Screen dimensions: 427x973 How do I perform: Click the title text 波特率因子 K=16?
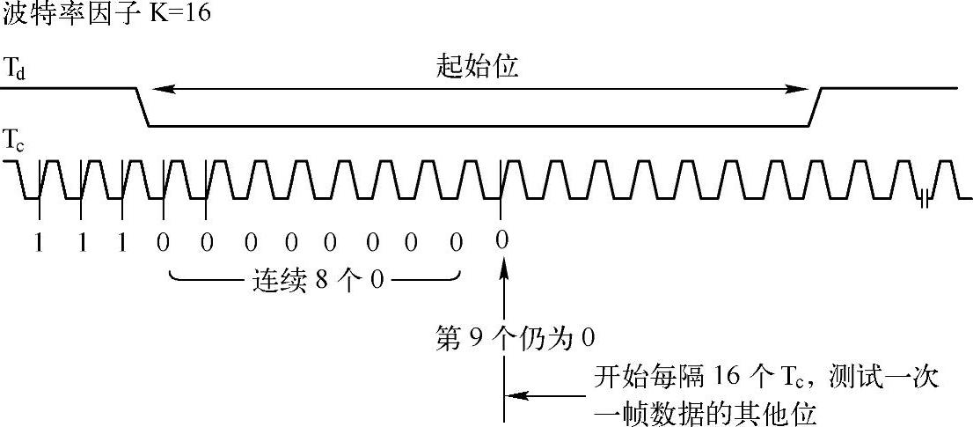coord(106,14)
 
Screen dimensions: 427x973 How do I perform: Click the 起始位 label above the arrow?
coord(478,67)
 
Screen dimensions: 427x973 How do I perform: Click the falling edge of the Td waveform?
coord(143,107)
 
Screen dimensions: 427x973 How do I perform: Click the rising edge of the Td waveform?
coord(816,107)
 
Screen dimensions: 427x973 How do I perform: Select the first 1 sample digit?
coord(38,242)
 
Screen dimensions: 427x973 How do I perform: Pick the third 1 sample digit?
coord(122,242)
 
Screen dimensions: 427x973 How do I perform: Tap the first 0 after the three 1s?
coord(164,242)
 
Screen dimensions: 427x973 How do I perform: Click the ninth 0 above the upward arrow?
coord(501,239)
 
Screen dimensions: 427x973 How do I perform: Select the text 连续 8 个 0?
coord(314,282)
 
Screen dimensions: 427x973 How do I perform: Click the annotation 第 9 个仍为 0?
coord(516,337)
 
